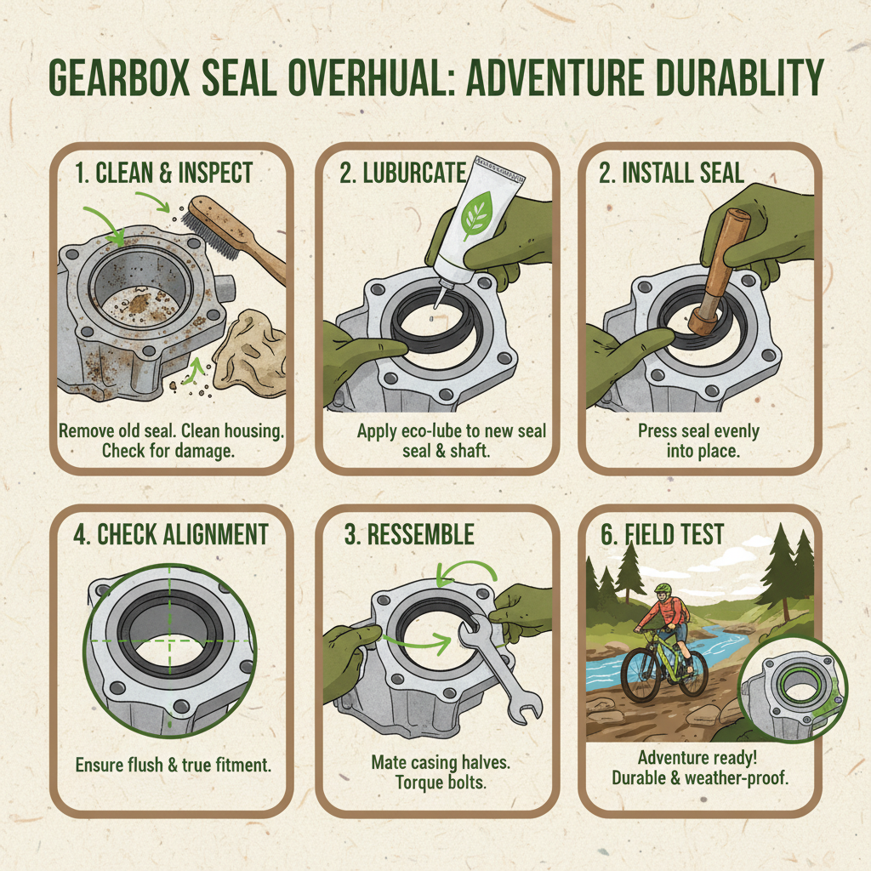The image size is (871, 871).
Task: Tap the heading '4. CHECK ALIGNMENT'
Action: pyautogui.click(x=171, y=535)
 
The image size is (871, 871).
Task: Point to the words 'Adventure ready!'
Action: pyautogui.click(x=698, y=757)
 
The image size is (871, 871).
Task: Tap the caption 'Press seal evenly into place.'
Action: pyautogui.click(x=698, y=441)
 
